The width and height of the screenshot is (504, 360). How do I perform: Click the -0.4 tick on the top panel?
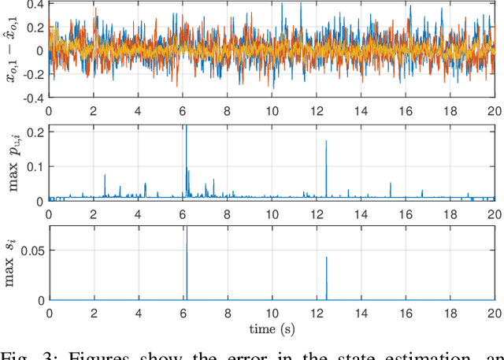click(x=32, y=98)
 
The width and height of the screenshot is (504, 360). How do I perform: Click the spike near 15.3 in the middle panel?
click(x=391, y=189)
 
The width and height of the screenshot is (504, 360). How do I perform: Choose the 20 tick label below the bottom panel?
click(x=495, y=313)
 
